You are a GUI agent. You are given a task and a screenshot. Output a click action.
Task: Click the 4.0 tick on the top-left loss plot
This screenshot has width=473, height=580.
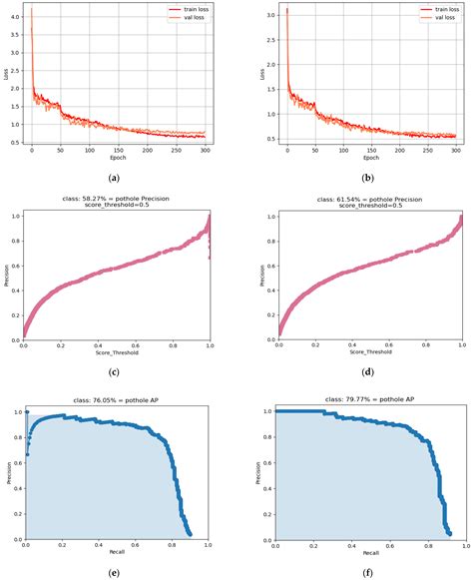click(17, 17)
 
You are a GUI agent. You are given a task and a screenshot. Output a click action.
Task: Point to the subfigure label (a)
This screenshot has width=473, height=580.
click(114, 178)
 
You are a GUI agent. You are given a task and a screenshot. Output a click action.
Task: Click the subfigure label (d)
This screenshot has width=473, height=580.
click(368, 371)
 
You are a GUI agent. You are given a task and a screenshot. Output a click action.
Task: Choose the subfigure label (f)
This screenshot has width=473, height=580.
click(367, 573)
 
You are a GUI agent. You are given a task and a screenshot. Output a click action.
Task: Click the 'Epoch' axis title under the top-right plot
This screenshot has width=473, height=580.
click(371, 158)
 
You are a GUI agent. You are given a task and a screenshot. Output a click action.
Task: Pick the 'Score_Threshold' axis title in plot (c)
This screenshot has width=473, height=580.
click(117, 352)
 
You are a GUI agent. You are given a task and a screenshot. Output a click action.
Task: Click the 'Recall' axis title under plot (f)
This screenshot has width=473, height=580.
click(370, 553)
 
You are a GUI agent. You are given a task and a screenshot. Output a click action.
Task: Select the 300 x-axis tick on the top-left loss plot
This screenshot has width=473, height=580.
click(205, 150)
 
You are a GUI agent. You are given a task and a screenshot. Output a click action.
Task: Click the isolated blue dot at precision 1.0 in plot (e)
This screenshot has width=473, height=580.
click(27, 412)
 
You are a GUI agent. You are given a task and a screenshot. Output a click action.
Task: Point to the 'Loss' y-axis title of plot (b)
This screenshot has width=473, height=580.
click(262, 74)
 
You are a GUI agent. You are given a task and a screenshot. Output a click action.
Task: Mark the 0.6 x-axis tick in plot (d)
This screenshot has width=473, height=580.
click(389, 345)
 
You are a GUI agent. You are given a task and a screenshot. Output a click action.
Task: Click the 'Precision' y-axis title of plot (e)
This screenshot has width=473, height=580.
click(9, 473)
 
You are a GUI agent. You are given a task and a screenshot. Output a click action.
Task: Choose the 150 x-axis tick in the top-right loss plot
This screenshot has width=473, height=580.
click(371, 150)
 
